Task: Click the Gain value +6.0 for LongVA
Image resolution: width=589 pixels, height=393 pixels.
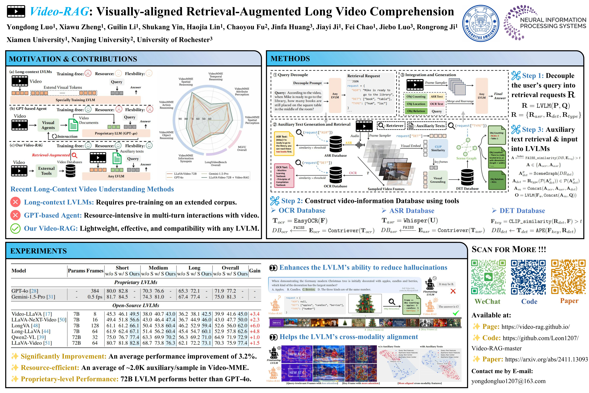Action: pos(255,326)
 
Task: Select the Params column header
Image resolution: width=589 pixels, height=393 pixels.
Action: pos(76,271)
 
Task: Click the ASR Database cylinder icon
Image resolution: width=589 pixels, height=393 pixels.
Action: pos(336,144)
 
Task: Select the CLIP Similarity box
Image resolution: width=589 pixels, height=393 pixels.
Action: pos(438,148)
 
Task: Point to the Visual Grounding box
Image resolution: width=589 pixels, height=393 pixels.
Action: pos(438,180)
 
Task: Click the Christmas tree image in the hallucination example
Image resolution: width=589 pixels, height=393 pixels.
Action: pos(365,303)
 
